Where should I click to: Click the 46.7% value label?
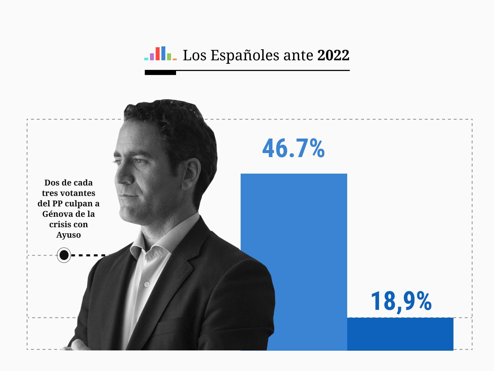coord(293,149)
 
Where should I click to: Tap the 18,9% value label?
coord(401,302)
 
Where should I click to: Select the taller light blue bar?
coord(294,246)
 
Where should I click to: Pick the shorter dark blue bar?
coord(400,334)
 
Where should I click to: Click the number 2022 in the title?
coord(333,55)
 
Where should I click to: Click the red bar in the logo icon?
coord(158,54)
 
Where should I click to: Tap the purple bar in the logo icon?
coord(152,57)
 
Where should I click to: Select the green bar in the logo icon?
coord(169,57)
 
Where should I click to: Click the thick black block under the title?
coord(160,73)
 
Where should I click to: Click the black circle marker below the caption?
coord(64,255)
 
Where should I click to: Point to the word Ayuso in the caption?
coord(69,235)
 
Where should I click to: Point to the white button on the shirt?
coord(147,284)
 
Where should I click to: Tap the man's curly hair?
coord(171,122)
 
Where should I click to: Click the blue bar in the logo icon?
coord(163,53)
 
